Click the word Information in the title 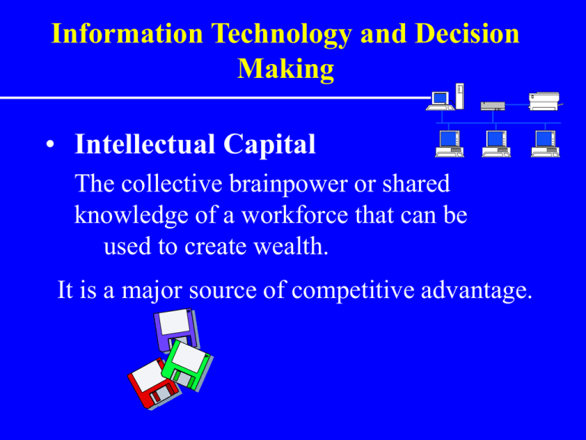[x=127, y=34]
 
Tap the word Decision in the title [x=467, y=34]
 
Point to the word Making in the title [x=286, y=70]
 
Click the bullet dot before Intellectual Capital [x=50, y=144]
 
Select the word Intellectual [x=145, y=144]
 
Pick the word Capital [x=269, y=145]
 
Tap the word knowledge [x=131, y=216]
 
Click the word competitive [x=353, y=291]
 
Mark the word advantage [x=476, y=291]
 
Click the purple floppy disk [x=176, y=328]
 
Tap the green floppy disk [x=188, y=366]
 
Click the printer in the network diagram [x=545, y=101]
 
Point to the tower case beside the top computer [x=459, y=96]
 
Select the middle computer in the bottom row [x=496, y=144]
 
